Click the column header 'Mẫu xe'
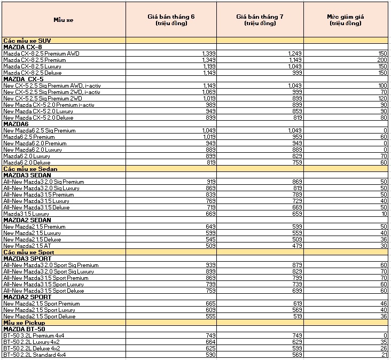coord(63,20)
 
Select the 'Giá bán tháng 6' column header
coord(171,20)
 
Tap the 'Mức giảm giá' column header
coord(346,20)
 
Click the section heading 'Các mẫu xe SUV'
coord(27,41)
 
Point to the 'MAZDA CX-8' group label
coord(22,47)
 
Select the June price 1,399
coord(208,53)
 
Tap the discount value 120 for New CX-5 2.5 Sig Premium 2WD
coord(382,98)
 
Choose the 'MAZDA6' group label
coord(16,124)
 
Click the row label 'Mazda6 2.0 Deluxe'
coord(27,162)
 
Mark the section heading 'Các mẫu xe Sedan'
coord(30,169)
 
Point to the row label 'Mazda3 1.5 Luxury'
coord(26,214)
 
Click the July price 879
coord(296,265)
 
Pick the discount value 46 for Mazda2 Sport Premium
coord(383,303)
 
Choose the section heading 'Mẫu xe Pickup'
coord(24,323)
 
